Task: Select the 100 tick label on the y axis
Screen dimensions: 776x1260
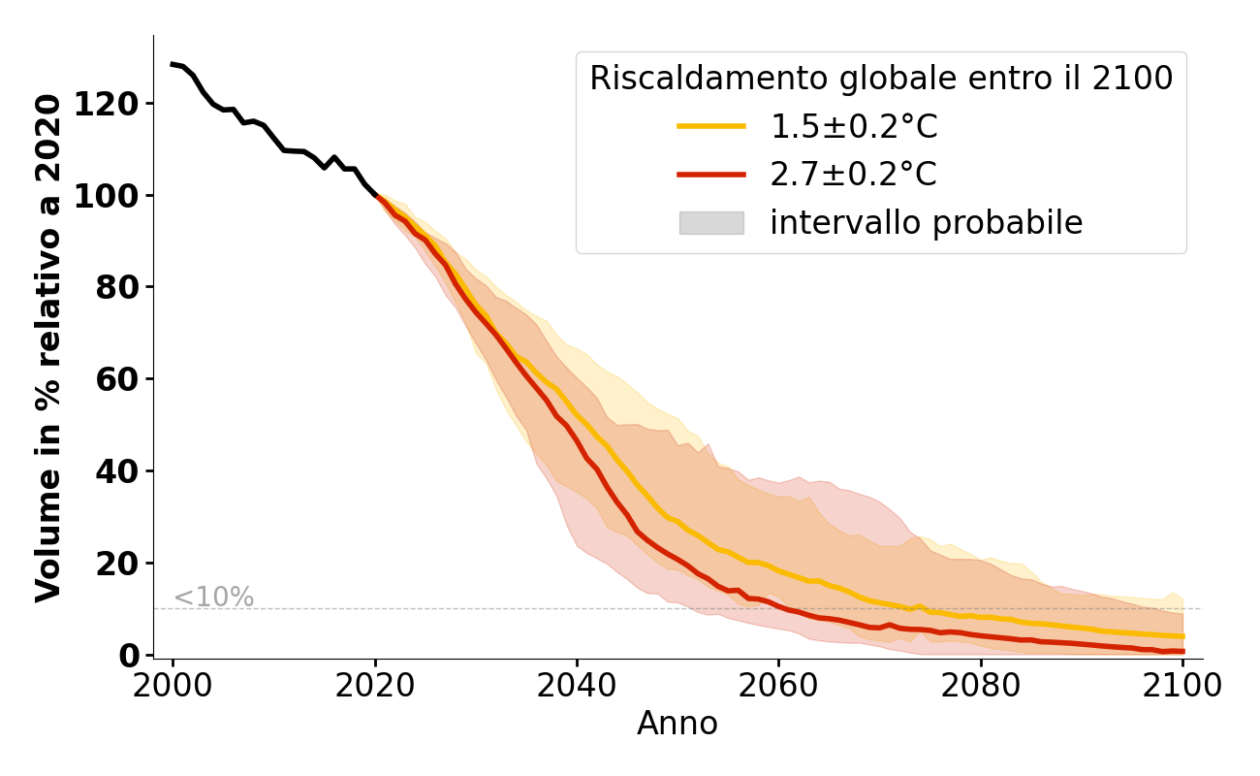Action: point(116,196)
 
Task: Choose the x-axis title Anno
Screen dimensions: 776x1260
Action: point(677,724)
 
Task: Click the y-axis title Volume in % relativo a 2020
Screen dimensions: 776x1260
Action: point(48,347)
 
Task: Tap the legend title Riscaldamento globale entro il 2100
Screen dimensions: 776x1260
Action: point(881,79)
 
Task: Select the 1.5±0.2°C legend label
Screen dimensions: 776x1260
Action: point(854,127)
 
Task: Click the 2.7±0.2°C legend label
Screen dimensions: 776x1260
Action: point(854,175)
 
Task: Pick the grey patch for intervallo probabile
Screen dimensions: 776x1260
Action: point(711,223)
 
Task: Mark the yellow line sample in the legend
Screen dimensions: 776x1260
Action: point(711,126)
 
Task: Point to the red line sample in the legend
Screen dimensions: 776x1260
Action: point(711,175)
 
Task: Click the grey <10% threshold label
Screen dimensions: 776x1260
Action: point(214,598)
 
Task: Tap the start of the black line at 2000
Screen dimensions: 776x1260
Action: point(173,64)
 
